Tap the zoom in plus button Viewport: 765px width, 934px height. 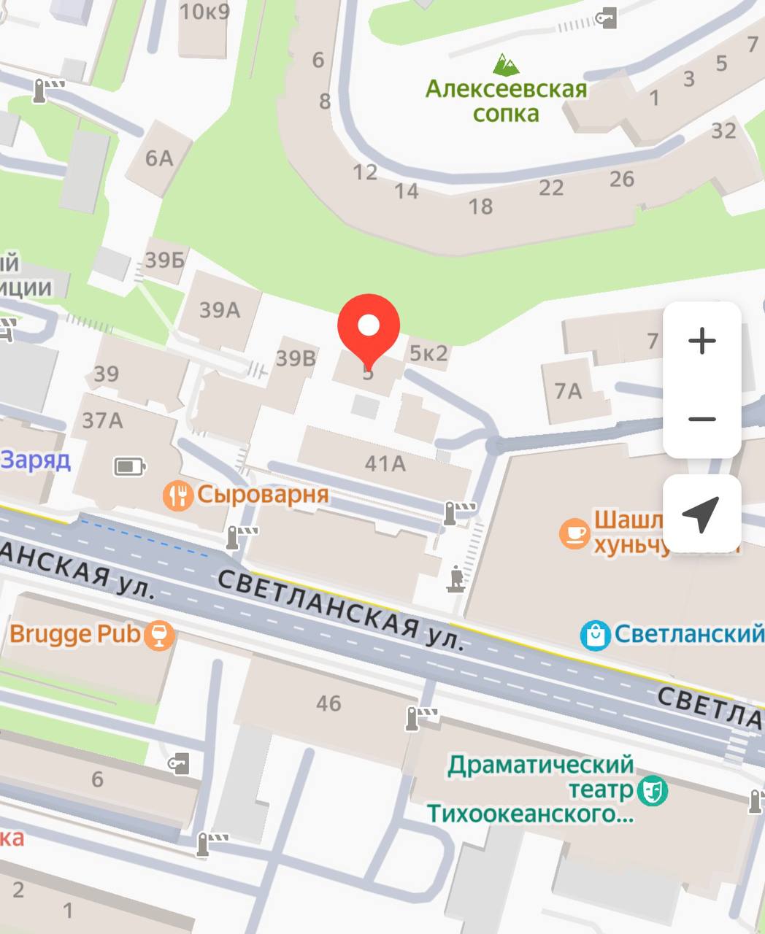(702, 341)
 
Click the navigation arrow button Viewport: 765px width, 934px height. (701, 514)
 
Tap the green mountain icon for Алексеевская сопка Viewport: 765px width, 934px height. (506, 64)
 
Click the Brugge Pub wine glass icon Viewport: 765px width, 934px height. (158, 634)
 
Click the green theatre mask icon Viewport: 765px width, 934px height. (651, 790)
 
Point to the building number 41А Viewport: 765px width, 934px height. (385, 463)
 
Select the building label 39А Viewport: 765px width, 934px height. (220, 310)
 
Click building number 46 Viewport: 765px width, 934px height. (328, 703)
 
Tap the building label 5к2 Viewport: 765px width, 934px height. (428, 353)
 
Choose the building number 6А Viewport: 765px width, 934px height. (158, 158)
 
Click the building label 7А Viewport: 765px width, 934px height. (568, 391)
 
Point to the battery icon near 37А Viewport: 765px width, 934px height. (130, 466)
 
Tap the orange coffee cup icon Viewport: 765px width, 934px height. (574, 533)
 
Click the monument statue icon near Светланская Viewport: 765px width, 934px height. (457, 579)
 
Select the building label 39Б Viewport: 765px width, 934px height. (164, 259)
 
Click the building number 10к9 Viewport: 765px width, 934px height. (204, 12)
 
